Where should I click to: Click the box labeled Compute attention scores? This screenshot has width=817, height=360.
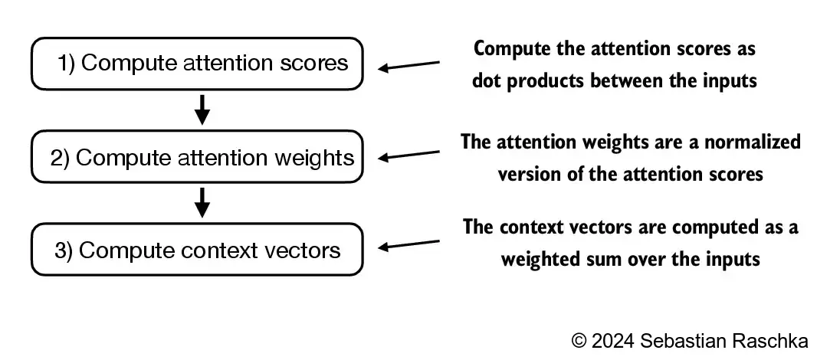196,63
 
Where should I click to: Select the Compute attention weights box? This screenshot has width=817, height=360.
196,158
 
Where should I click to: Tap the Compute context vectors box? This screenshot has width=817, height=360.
196,250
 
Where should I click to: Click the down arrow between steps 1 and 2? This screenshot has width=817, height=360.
202,110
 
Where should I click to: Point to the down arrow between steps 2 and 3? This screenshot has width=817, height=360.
202,203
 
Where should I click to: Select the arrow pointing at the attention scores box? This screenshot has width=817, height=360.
410,66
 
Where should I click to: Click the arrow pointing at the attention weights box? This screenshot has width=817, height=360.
410,155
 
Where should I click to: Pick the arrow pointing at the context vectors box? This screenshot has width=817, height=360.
410,245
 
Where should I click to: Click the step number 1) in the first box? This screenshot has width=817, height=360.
67,64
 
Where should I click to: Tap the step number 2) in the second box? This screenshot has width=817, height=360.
60,159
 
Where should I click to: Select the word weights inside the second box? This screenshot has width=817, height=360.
317,159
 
